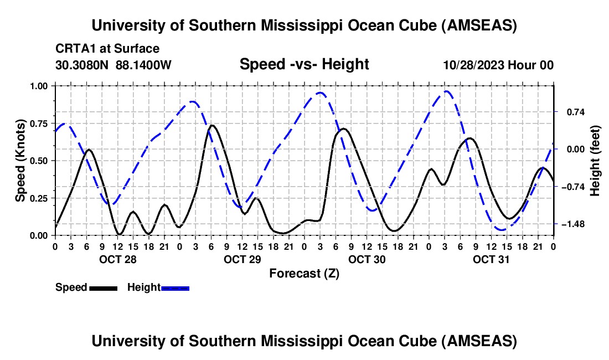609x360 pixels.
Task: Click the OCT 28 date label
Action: coord(117,259)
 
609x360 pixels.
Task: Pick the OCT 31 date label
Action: coord(492,259)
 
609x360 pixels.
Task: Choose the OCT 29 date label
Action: coord(242,259)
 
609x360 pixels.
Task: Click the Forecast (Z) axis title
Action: coord(304,273)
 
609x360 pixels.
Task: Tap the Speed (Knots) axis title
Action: coord(20,161)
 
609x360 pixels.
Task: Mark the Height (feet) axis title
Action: coord(595,161)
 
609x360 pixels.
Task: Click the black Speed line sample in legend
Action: coord(103,287)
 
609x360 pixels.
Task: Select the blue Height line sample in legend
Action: coord(175,287)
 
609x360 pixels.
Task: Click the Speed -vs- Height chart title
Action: coord(304,65)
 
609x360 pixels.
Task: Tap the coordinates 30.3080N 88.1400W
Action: coord(113,65)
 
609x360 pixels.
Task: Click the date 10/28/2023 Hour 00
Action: coord(498,65)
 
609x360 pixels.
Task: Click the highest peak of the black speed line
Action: coord(211,125)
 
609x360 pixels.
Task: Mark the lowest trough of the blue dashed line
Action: coord(502,229)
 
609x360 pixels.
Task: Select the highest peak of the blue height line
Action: coord(446,91)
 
